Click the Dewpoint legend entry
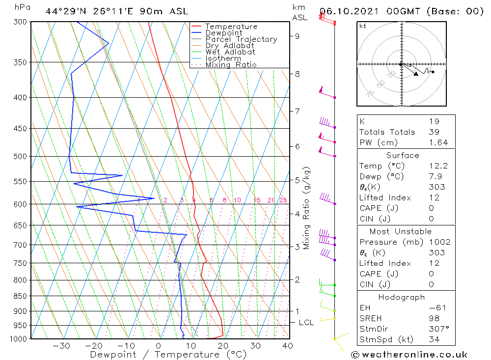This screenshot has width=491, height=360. click(223, 33)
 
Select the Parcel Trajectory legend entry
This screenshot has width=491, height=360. click(241, 39)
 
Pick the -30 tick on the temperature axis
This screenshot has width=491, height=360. click(61, 346)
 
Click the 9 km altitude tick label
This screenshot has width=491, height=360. click(297, 36)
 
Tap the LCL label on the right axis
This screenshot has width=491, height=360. click(306, 323)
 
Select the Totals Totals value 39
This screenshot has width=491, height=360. click(434, 132)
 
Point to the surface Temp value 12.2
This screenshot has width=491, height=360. click(438, 166)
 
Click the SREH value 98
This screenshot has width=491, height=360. click(434, 318)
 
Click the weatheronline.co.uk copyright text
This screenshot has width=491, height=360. click(409, 354)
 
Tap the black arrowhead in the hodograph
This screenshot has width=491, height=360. click(416, 74)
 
